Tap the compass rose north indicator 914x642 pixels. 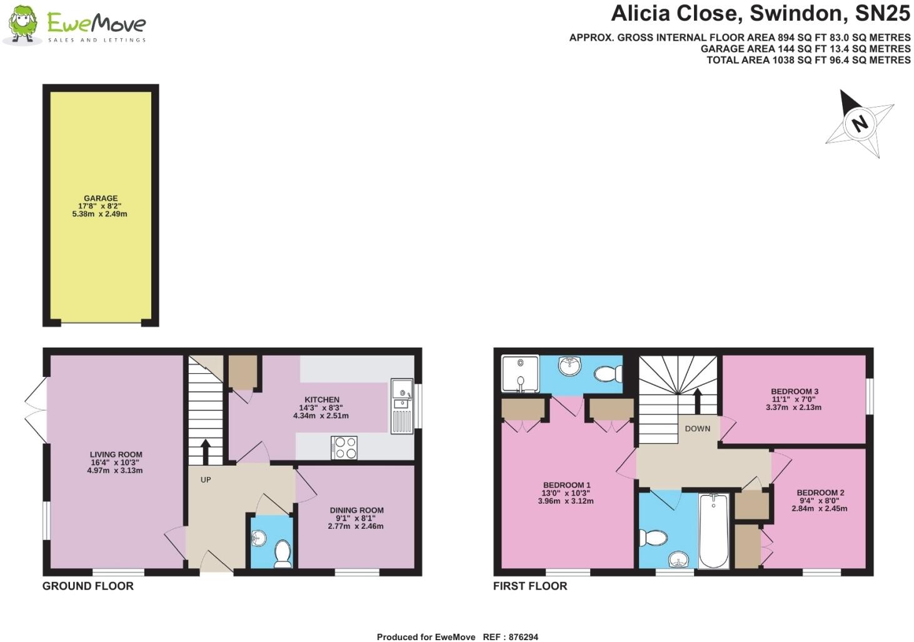click(860, 123)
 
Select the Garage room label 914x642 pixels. click(101, 198)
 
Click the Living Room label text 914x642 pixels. click(116, 454)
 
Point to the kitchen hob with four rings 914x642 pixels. click(344, 447)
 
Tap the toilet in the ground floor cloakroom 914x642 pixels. click(283, 554)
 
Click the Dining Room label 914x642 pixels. click(356, 510)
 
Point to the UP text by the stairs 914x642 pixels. click(206, 479)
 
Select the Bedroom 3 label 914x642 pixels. click(794, 391)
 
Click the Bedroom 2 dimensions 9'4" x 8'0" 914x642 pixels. click(820, 501)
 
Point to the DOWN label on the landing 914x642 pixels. click(697, 428)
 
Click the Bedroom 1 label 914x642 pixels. click(566, 485)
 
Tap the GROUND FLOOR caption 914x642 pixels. click(88, 586)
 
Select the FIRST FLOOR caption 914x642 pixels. click(530, 586)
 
